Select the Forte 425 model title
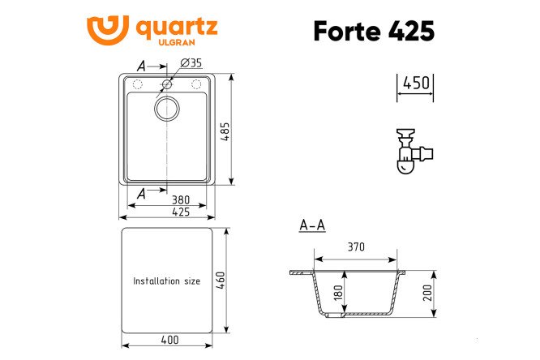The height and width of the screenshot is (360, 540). [373, 31]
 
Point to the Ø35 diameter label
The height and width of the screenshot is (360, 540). [191, 63]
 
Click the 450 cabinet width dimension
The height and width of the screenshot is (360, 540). [415, 83]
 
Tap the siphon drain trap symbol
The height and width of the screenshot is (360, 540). [411, 152]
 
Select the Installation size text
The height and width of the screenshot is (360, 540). [166, 281]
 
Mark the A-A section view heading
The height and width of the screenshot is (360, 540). [312, 225]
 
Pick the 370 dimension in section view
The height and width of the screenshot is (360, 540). [356, 247]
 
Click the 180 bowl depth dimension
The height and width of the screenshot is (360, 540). [338, 293]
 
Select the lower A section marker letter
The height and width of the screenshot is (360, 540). [143, 193]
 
